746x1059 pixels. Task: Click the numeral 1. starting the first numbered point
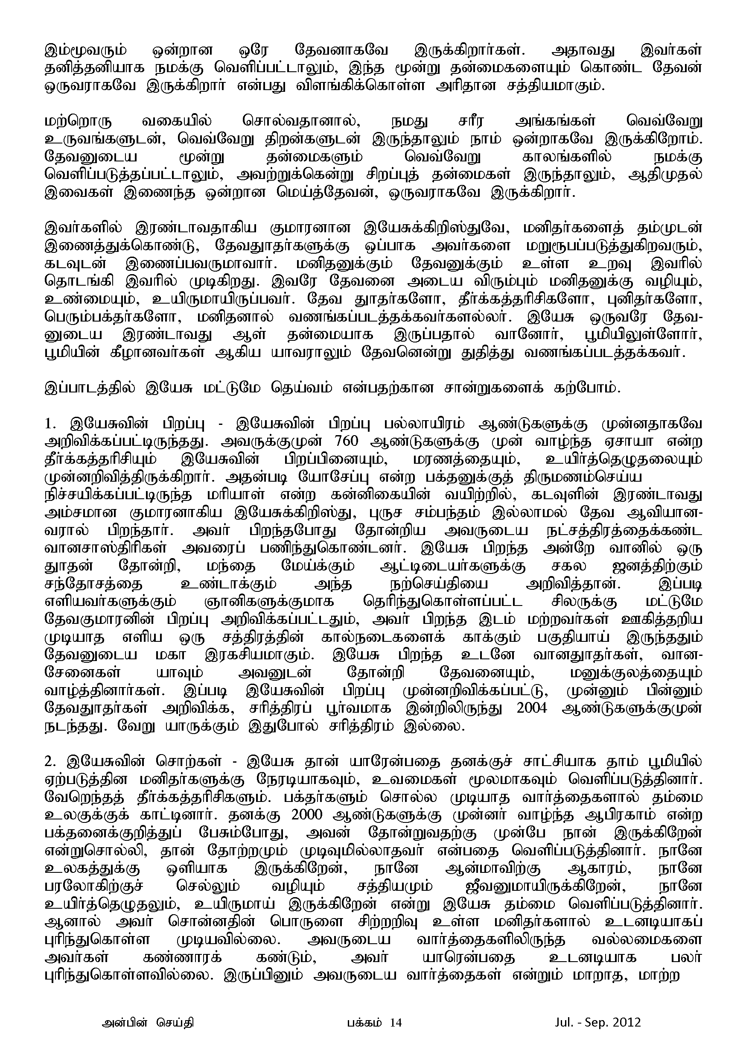coord(50,424)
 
